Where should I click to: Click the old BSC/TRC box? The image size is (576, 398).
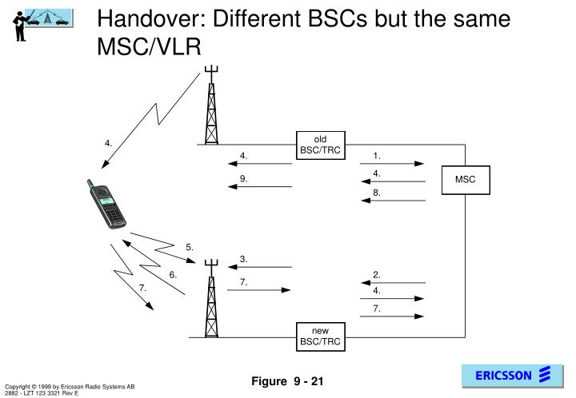320,145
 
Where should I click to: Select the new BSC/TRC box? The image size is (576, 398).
320,336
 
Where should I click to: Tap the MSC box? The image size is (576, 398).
466,180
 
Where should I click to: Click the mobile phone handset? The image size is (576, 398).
106,204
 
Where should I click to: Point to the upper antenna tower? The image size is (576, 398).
211,105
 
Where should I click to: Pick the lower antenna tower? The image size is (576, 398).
211,298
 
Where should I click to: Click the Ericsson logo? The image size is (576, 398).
513,376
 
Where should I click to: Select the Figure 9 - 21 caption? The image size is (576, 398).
287,381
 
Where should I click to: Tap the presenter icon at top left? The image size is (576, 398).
42,25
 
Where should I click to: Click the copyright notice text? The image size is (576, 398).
70,389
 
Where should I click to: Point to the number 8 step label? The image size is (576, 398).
377,193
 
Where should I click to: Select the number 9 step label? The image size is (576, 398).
243,179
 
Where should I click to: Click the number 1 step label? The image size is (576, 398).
377,156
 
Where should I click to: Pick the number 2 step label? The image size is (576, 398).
377,275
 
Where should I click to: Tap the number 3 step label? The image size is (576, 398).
243,259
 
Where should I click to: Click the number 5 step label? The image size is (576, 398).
189,247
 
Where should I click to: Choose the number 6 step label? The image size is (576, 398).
173,275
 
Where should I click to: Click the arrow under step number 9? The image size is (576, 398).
260,187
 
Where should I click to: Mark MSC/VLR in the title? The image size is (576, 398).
149,47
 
